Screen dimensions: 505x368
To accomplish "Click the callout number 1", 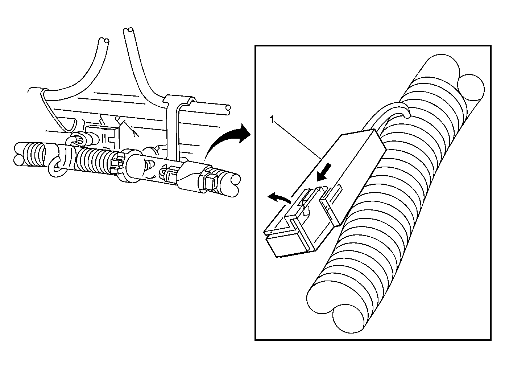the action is coord(272,120).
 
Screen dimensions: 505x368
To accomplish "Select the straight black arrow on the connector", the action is coord(324,172).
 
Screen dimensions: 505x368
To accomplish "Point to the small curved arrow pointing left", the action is coord(279,197).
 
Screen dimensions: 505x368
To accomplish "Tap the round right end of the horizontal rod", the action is coord(228,109).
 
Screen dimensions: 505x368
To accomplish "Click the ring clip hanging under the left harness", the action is coord(56,168).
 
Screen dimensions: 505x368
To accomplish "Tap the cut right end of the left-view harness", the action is coord(233,185).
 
